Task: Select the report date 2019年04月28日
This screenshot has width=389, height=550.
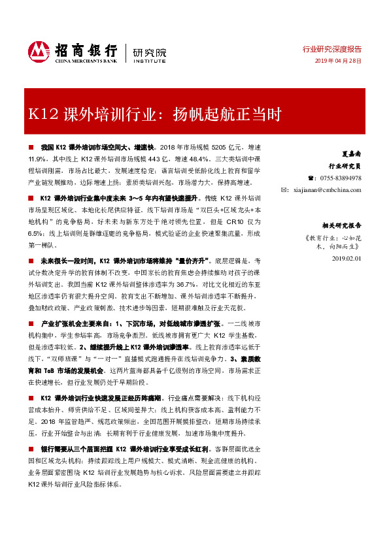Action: coord(339,60)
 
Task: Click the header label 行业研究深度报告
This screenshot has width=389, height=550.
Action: coord(331,49)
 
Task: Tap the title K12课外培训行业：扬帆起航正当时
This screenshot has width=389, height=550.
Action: coord(146,115)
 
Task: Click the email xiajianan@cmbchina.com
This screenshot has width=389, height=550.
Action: coord(328,189)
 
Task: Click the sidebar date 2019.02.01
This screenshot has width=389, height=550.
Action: coord(347,259)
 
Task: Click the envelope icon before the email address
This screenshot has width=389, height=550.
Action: coord(284,189)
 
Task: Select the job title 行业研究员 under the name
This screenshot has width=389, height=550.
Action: coord(345,167)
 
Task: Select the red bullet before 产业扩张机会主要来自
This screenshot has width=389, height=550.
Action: coord(33,323)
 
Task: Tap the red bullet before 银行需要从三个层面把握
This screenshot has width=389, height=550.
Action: coord(33,449)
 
